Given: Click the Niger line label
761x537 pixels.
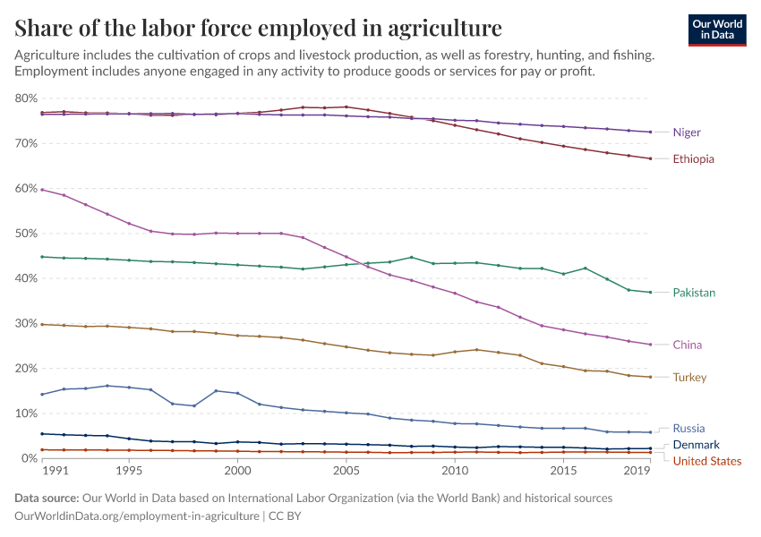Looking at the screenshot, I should coord(687,132).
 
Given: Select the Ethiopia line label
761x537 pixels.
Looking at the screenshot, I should coord(694,159).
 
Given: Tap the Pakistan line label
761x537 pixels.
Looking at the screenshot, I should coord(694,293).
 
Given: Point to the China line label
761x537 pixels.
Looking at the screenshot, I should coord(688,345).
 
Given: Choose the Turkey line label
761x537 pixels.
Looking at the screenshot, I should coord(689,378).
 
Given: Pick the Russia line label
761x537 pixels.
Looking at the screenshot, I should coord(688,429).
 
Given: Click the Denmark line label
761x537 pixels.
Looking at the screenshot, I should coord(696,445).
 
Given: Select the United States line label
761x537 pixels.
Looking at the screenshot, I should coord(706,461).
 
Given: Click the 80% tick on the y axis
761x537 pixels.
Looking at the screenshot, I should coord(26,98).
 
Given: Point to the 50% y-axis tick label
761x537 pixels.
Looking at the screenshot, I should coord(26,234).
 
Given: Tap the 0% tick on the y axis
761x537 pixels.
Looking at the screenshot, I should coord(30,458).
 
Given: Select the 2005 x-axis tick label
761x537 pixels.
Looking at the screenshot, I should coord(346,470).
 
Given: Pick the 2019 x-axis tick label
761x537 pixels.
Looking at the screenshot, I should coord(636,470).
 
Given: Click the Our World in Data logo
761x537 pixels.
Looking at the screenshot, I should coord(716,30).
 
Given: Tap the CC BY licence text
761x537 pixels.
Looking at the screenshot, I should coord(284,516).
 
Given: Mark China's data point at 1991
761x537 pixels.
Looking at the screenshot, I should coord(43,190).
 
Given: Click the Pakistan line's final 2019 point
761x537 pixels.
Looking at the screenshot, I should coord(650,293).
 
